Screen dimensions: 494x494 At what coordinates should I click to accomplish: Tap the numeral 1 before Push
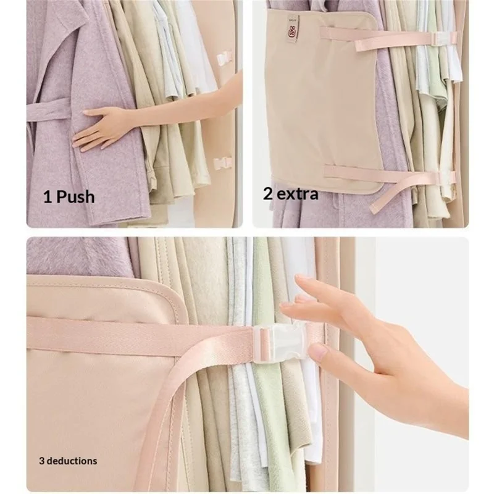pos(48,197)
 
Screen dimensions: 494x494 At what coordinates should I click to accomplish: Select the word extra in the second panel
pos(296,195)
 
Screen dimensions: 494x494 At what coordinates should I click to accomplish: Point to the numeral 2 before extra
pos(268,195)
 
